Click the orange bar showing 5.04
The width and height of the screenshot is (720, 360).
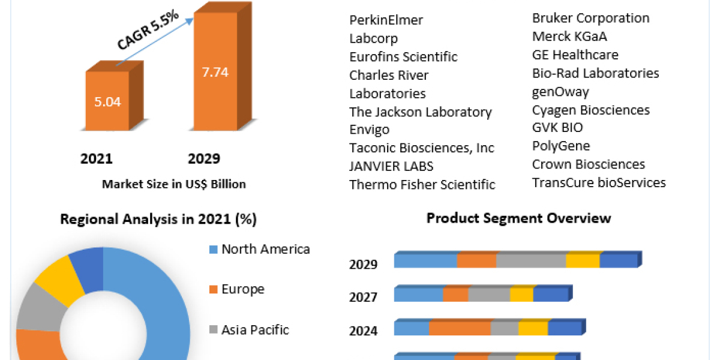[x=107, y=101]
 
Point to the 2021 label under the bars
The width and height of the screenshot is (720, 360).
[x=97, y=159]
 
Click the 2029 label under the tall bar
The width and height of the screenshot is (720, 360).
[x=204, y=159]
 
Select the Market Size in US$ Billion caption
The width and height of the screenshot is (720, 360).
[x=173, y=184]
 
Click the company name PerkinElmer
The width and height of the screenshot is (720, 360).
[x=386, y=20]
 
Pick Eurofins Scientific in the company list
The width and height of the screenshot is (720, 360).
[x=403, y=57]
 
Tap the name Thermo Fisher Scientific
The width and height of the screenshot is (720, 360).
[x=422, y=185]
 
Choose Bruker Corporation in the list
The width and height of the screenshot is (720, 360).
[x=590, y=18]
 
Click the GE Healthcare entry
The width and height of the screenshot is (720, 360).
[x=575, y=55]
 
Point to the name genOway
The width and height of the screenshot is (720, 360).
[x=560, y=92]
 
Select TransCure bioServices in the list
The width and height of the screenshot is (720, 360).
[x=599, y=182]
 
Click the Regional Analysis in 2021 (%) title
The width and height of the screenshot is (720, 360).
[x=158, y=220]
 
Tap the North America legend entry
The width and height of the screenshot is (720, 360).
[x=265, y=249]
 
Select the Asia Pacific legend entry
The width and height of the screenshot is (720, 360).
[x=254, y=329]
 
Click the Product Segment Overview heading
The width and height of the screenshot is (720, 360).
[x=518, y=218]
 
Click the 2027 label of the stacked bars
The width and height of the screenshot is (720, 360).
[x=363, y=298]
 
